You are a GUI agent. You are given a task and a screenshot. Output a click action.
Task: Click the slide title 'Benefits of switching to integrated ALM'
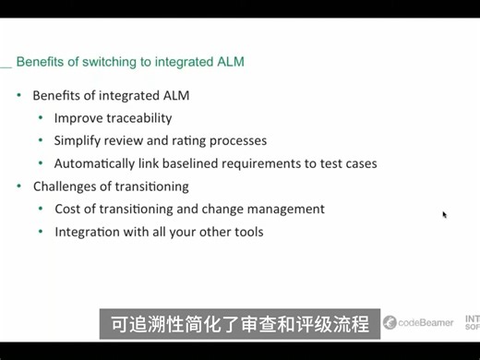130,62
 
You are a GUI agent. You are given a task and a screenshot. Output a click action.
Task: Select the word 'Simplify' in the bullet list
78,141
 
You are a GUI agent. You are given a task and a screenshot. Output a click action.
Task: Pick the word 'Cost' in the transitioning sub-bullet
67,209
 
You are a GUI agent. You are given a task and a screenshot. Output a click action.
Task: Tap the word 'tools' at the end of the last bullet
246,232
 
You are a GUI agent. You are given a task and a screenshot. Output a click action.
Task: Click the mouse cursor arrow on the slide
444,214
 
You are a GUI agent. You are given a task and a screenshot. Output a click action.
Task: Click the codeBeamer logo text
426,323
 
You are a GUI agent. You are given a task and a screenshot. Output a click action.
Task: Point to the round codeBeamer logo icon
390,323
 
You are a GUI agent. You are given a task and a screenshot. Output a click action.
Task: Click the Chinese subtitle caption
240,325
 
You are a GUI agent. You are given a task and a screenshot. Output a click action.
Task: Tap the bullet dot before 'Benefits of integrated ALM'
19,96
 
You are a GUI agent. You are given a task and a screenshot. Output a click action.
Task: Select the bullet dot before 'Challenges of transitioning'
19,186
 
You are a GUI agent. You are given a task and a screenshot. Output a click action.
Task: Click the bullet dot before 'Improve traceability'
41,118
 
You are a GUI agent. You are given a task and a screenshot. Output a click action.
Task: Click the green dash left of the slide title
6,65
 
